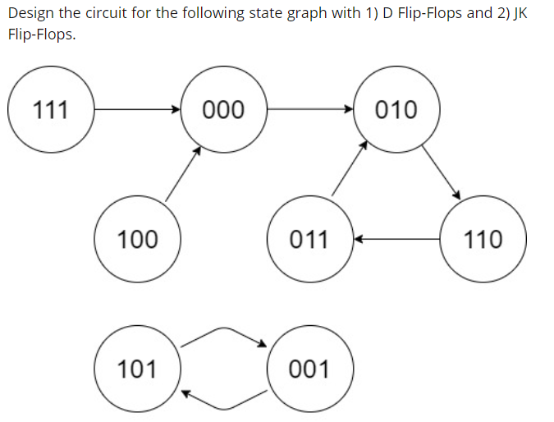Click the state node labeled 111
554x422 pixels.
(x=51, y=109)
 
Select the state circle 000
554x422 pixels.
(x=223, y=109)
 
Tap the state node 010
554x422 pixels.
(x=396, y=109)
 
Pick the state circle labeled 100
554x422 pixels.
(x=137, y=239)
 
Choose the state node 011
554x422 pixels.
(x=309, y=239)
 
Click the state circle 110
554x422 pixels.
(x=483, y=239)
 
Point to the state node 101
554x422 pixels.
(x=137, y=369)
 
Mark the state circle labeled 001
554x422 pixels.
(x=309, y=369)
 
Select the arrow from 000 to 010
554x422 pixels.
(x=309, y=108)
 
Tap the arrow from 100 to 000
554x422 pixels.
(x=183, y=173)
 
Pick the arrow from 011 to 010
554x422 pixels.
(x=349, y=168)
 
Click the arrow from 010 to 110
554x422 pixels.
(x=441, y=172)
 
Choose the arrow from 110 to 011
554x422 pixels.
(x=396, y=239)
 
